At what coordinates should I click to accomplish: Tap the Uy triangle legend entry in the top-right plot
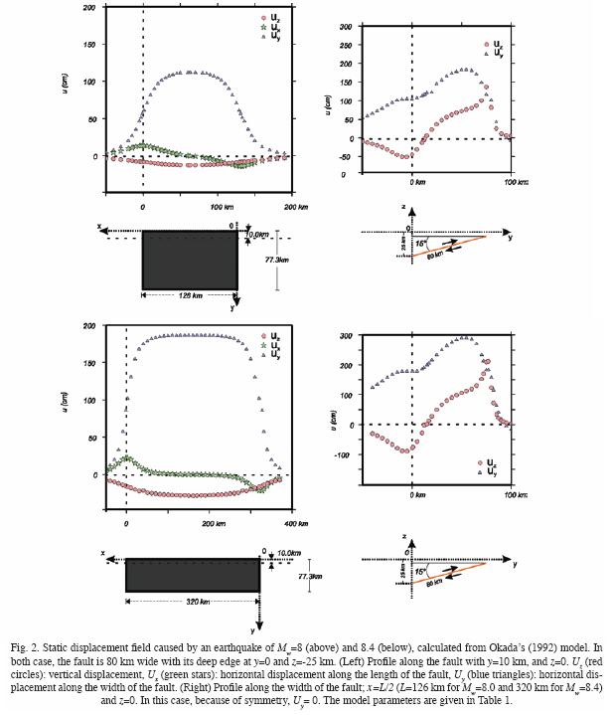coord(492,54)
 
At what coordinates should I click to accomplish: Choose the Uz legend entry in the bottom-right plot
coord(486,462)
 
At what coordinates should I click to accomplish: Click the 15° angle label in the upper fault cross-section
coord(423,243)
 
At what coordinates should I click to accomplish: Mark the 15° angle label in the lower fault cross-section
coord(423,572)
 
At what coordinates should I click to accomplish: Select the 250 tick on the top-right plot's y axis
coord(343,47)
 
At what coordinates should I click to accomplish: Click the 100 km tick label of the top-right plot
coord(514,184)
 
